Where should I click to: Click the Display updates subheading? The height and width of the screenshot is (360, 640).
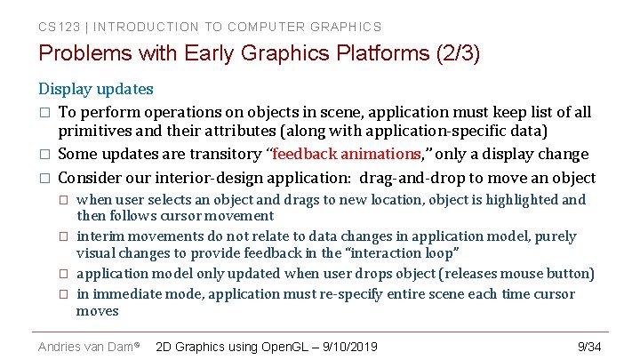coord(95,89)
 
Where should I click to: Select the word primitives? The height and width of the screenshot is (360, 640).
coord(93,132)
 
